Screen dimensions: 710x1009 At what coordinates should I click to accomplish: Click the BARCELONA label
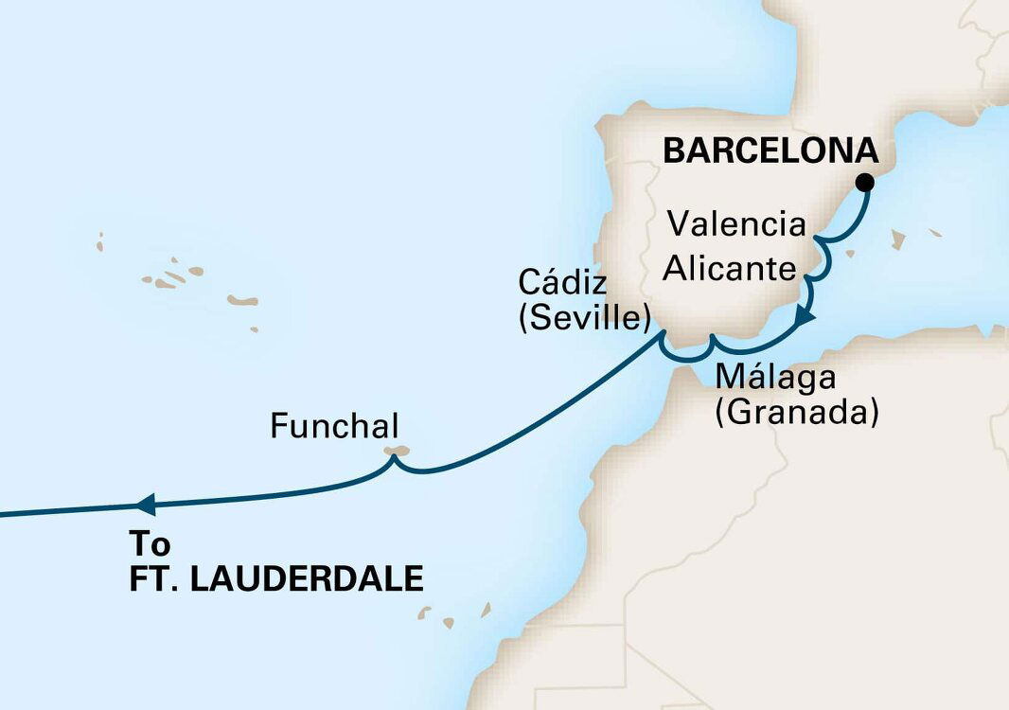769,151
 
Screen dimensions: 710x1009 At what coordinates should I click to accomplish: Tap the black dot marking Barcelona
864,183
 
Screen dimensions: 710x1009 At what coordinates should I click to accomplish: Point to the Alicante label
729,269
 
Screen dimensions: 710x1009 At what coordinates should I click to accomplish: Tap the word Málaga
775,376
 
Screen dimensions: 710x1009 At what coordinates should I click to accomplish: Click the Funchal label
333,426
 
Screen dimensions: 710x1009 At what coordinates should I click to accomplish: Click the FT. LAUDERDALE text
275,578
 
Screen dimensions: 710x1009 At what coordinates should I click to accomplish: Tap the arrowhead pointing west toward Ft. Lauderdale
146,503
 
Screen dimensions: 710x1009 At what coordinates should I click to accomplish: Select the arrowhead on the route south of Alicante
805,317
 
